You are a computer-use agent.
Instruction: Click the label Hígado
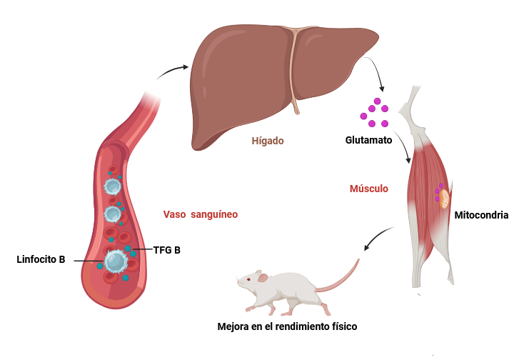268,141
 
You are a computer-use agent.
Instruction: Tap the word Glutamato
368,140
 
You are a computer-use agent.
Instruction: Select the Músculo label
369,189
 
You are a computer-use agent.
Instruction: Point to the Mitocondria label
481,215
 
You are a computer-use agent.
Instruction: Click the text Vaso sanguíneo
201,214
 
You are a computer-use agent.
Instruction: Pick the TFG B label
167,250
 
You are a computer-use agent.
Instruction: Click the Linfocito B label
41,259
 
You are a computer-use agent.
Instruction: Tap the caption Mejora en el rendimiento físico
287,326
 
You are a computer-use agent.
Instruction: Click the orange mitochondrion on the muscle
444,199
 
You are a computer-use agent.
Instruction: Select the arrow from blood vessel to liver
171,71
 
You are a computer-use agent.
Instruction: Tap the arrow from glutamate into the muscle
404,144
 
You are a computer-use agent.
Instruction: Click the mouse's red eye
248,279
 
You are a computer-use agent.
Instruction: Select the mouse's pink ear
262,278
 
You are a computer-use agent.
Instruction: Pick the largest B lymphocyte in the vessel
116,261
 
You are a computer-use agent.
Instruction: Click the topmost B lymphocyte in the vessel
113,186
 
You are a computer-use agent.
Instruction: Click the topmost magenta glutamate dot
378,101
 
